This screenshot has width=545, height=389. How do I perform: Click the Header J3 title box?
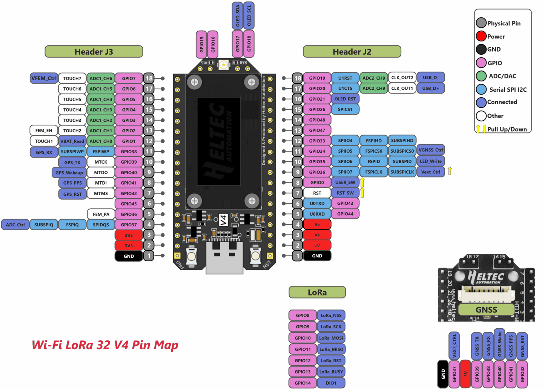pyautogui.click(x=94, y=52)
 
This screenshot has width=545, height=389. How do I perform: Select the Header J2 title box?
pyautogui.click(x=352, y=52)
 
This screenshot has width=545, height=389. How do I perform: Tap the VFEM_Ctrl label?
pyautogui.click(x=44, y=78)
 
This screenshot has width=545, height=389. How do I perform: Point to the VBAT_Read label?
pyautogui.click(x=72, y=141)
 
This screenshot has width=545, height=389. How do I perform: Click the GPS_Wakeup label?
pyautogui.click(x=69, y=173)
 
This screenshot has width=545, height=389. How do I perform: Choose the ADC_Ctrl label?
pyautogui.click(x=15, y=225)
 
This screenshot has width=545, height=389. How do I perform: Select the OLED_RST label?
pyautogui.click(x=345, y=99)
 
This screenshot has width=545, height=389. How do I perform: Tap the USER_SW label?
pyautogui.click(x=345, y=182)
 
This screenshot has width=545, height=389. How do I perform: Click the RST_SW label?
pyautogui.click(x=345, y=193)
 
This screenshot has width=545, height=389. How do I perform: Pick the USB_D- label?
pyautogui.click(x=430, y=78)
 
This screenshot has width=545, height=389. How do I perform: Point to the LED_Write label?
pyautogui.click(x=431, y=161)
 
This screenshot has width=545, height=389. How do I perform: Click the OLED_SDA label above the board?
pyautogui.click(x=238, y=16)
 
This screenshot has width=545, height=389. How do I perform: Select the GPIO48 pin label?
pyautogui.click(x=317, y=120)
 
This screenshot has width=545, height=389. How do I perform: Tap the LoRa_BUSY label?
pyautogui.click(x=331, y=372)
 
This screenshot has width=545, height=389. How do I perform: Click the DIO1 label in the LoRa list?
pyautogui.click(x=331, y=383)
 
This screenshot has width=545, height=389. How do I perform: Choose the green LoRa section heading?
pyautogui.click(x=317, y=293)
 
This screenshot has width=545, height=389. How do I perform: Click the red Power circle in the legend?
pyautogui.click(x=481, y=36)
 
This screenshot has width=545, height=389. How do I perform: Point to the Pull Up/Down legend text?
pyautogui.click(x=507, y=129)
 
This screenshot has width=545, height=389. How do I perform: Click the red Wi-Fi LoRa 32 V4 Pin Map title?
pyautogui.click(x=105, y=345)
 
